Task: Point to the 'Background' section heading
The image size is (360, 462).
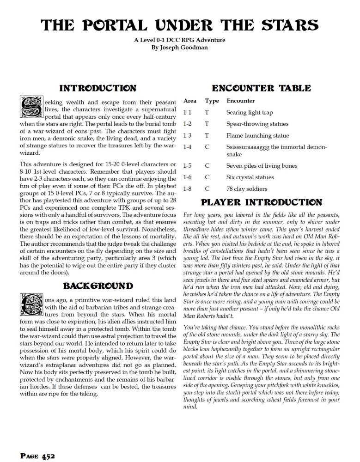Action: [x=98, y=286]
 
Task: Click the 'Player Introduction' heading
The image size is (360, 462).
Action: [x=261, y=202]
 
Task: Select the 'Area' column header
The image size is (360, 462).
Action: [x=190, y=101]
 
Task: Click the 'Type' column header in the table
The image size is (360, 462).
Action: [x=212, y=101]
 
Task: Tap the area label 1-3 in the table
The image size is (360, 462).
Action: [x=188, y=136]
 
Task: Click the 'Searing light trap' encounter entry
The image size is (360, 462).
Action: [x=250, y=113]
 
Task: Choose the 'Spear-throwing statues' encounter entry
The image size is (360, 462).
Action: [x=257, y=124]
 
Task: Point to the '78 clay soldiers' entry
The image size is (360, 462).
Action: [x=247, y=189]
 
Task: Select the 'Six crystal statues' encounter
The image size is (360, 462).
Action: [x=250, y=177]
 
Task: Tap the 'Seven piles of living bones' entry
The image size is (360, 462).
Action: [x=262, y=166]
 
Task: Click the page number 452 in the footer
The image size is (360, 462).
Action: [x=38, y=456]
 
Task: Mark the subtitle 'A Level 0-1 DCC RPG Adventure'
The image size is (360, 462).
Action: [x=180, y=40]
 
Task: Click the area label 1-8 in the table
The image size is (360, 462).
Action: [x=188, y=189]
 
